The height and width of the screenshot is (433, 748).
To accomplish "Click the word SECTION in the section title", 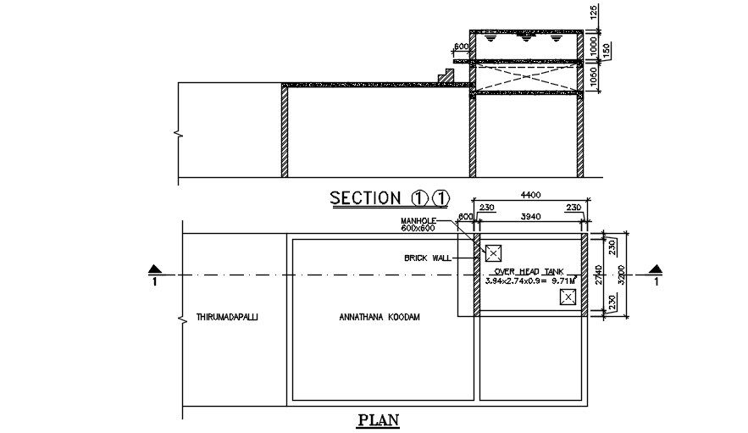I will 365,198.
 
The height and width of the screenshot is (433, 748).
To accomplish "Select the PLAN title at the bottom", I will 378,419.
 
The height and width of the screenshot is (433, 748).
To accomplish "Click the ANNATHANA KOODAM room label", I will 379,317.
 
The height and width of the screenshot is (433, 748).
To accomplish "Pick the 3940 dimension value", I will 530,217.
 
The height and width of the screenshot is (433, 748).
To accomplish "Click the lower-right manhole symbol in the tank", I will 568,297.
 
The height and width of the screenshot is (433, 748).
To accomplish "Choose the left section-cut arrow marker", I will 153,270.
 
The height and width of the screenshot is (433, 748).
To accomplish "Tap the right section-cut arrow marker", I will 654,270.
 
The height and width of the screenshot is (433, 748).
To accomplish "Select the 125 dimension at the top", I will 595,12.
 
